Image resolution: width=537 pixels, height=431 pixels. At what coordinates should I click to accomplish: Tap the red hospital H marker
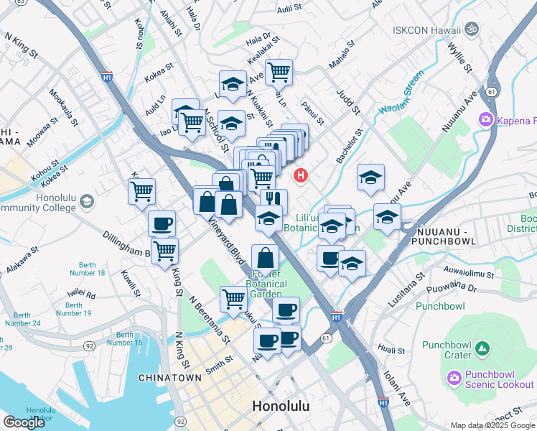(x=300, y=175)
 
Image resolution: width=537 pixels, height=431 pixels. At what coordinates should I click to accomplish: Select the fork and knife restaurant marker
(x=274, y=201)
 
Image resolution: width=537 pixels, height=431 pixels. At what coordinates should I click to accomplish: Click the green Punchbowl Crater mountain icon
(x=483, y=350)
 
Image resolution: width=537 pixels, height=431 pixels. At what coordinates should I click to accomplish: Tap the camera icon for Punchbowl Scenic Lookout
(x=454, y=377)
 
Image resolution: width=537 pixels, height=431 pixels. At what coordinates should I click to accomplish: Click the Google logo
(x=24, y=422)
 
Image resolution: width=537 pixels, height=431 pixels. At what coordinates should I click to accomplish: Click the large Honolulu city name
(x=281, y=407)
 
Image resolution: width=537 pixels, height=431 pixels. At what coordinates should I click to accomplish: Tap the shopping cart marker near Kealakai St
(x=278, y=71)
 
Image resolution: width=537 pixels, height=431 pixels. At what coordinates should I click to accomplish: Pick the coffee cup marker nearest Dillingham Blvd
(x=162, y=223)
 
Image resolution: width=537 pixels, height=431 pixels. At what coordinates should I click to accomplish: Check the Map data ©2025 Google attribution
(x=492, y=425)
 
